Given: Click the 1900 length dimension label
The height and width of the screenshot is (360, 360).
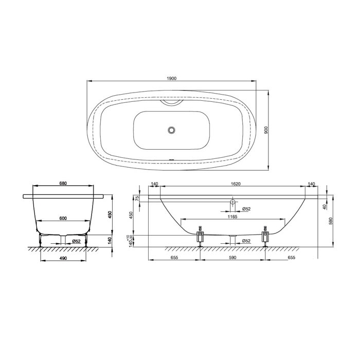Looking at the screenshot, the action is click(171, 79).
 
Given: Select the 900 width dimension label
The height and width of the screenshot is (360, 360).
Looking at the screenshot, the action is click(266, 130).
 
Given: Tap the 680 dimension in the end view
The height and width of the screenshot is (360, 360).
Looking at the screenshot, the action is click(63, 184).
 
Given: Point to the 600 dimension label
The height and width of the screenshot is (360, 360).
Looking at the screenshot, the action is click(63, 219).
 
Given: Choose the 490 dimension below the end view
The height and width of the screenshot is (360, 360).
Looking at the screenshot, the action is click(63, 258).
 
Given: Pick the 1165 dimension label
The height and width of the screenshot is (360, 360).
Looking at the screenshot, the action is click(232, 217).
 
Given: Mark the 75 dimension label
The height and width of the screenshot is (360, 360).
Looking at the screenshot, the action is click(137, 199).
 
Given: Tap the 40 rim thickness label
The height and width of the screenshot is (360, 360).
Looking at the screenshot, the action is click(325, 207).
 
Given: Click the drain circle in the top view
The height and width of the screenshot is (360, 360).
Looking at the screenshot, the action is click(171, 130).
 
